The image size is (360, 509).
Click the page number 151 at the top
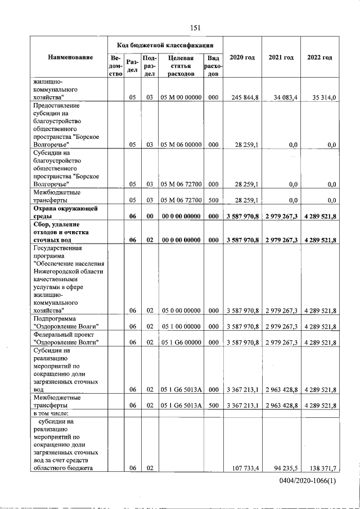tap(195, 28)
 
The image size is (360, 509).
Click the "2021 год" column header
tap(281, 58)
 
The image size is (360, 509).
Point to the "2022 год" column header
tap(319, 58)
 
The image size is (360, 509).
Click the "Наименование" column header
tap(70, 58)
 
